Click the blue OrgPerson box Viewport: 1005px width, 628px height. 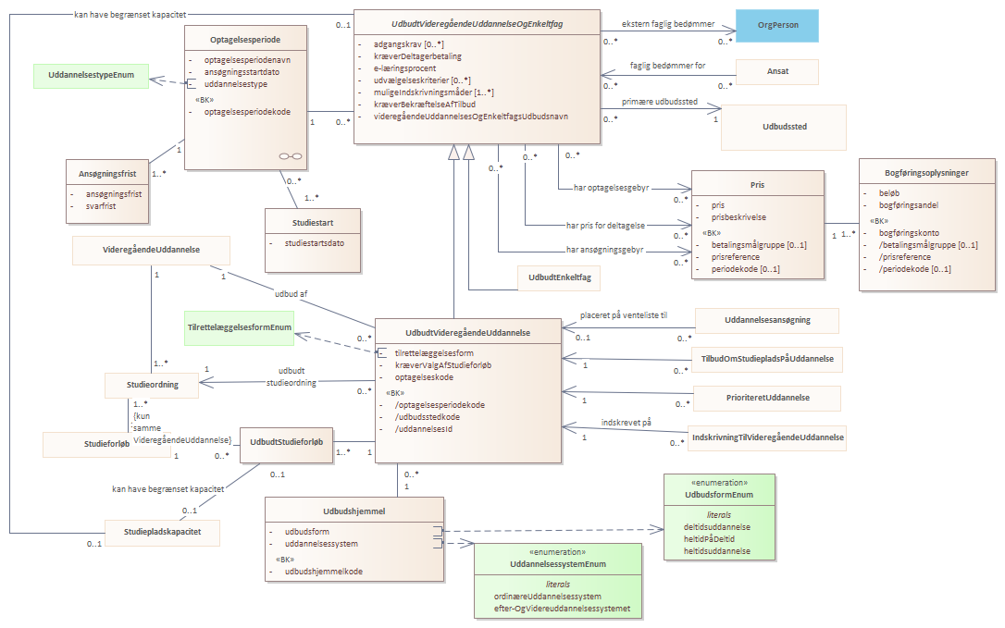point(776,26)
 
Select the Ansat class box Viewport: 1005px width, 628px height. point(777,71)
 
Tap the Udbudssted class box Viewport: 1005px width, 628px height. point(784,127)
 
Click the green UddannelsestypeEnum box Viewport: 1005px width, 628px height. point(91,76)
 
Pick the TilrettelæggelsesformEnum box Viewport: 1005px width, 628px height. point(239,328)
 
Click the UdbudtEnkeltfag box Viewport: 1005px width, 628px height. point(560,277)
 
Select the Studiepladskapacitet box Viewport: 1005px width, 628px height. point(162,532)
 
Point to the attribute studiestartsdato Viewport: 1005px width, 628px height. point(315,243)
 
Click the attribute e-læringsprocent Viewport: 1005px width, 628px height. point(405,68)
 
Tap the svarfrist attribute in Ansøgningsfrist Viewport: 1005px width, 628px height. point(101,206)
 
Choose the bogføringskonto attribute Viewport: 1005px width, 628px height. point(909,233)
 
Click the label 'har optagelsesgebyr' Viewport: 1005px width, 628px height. point(612,188)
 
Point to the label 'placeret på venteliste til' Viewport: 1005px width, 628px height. point(624,315)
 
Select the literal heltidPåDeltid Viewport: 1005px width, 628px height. point(709,539)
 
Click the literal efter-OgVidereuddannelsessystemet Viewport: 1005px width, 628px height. point(562,609)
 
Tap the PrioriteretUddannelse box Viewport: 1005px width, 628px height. point(768,398)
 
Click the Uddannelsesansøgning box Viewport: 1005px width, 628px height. point(767,320)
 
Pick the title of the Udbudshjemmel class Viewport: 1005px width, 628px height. point(354,511)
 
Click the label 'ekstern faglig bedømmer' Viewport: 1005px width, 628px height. point(668,24)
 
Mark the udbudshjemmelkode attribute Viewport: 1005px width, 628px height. point(324,572)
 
